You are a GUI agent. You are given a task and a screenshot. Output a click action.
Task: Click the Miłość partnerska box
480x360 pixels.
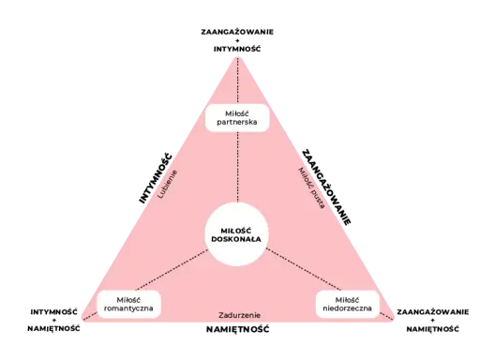pyautogui.click(x=237, y=118)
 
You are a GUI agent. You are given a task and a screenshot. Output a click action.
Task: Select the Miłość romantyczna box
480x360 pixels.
pyautogui.click(x=128, y=305)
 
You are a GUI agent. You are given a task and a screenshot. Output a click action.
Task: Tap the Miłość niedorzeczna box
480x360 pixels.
pyautogui.click(x=348, y=305)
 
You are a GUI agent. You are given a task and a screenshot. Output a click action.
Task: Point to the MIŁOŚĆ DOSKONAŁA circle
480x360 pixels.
pyautogui.click(x=236, y=234)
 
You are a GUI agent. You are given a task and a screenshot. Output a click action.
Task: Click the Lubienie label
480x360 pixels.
pyautogui.click(x=168, y=185)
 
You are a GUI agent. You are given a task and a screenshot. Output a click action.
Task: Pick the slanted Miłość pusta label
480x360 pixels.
pyautogui.click(x=311, y=187)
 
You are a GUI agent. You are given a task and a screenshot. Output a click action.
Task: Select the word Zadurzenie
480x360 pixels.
pyautogui.click(x=239, y=315)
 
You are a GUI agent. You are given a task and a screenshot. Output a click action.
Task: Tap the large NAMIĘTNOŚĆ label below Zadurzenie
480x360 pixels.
pyautogui.click(x=238, y=329)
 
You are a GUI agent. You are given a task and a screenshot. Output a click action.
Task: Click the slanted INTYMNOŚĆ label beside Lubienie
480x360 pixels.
pyautogui.click(x=156, y=178)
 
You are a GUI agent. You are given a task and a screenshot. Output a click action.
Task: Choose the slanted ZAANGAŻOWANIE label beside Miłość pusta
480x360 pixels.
pyautogui.click(x=326, y=187)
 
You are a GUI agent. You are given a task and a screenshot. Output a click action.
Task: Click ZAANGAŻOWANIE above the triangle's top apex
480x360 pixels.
pyautogui.click(x=237, y=32)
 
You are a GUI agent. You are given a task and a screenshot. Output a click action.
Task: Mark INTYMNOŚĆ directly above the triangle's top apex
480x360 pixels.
pyautogui.click(x=237, y=49)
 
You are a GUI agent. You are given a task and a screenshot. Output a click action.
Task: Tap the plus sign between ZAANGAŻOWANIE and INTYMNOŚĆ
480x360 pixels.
pyautogui.click(x=237, y=40)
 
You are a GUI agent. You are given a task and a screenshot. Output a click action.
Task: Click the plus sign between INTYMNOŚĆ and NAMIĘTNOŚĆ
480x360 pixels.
pyautogui.click(x=53, y=321)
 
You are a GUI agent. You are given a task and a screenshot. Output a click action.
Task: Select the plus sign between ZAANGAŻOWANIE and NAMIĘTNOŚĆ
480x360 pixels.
pyautogui.click(x=433, y=321)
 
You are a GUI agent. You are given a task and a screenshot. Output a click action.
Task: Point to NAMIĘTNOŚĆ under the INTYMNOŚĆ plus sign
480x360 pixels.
pyautogui.click(x=53, y=329)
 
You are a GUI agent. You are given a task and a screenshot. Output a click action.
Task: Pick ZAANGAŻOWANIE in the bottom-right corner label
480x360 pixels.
pyautogui.click(x=433, y=312)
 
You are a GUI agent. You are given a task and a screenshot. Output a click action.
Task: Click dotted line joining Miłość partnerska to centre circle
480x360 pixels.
pyautogui.click(x=238, y=167)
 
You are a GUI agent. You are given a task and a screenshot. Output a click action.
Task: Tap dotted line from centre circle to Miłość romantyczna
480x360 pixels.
pyautogui.click(x=172, y=270)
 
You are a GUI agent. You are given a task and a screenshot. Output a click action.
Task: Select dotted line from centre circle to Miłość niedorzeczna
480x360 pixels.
pyautogui.click(x=304, y=269)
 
